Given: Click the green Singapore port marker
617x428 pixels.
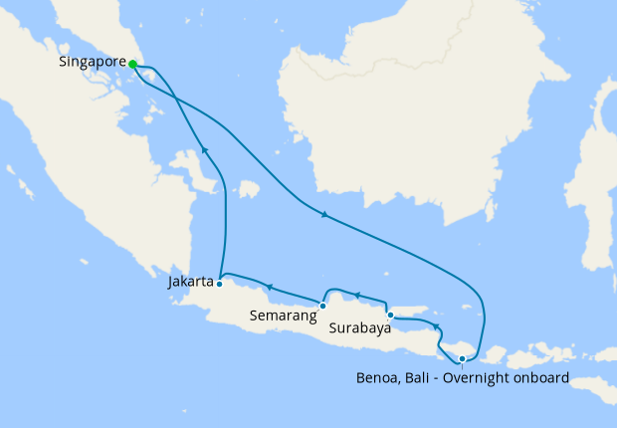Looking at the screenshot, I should click(132, 63).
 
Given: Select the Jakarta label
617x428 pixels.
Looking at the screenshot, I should click(191, 282).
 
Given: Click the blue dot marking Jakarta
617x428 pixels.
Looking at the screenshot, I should click(219, 284).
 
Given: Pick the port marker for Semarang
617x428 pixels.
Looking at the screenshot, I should click(322, 306).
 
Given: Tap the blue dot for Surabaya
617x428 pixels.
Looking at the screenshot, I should click(390, 316).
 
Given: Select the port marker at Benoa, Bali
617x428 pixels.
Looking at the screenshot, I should click(462, 359).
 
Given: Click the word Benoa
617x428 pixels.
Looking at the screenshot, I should click(377, 378).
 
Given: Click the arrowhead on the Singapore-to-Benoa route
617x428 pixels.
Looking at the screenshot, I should click(323, 214).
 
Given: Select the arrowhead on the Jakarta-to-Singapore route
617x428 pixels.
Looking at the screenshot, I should click(204, 149).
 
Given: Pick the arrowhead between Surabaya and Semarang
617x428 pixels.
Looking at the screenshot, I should click(357, 297).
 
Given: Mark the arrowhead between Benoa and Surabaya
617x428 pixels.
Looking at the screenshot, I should click(436, 326).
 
